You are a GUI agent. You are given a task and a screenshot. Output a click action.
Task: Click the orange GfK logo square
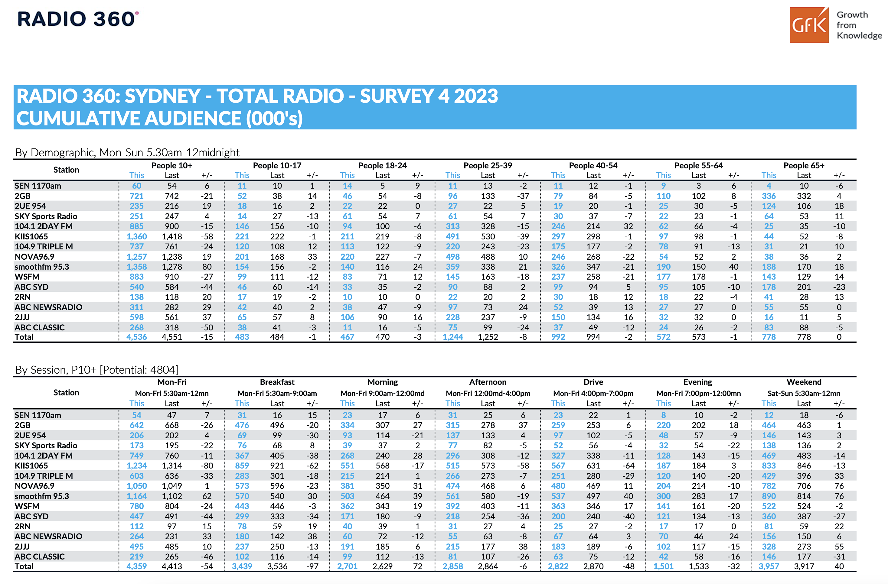click(x=809, y=25)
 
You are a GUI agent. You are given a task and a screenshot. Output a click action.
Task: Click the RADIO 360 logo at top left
click(x=78, y=19)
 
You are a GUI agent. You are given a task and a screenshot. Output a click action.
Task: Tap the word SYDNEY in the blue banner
click(x=163, y=96)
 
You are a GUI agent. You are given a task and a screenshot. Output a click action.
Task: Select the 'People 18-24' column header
click(x=382, y=165)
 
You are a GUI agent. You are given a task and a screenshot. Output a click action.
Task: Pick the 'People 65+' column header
click(x=804, y=165)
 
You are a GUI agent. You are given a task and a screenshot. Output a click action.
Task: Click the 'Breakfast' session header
click(x=277, y=382)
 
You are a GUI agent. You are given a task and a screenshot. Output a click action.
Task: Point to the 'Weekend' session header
click(x=804, y=382)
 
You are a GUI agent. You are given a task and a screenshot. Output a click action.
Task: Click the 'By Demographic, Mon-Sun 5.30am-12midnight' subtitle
click(x=127, y=153)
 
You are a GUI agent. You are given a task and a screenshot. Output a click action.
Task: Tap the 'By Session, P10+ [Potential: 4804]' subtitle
click(x=97, y=370)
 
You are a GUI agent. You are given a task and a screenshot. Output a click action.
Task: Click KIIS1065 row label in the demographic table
click(x=31, y=236)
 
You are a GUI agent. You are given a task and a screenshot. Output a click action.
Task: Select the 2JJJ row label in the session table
click(x=22, y=546)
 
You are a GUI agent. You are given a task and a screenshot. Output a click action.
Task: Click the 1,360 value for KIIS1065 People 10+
click(x=137, y=236)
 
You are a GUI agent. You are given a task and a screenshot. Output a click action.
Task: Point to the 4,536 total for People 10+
click(x=137, y=337)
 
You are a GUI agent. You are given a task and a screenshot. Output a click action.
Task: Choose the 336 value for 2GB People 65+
click(x=769, y=196)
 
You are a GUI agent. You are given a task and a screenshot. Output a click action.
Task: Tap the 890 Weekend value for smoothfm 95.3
click(x=769, y=496)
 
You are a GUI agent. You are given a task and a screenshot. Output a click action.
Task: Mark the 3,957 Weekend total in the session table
click(x=769, y=566)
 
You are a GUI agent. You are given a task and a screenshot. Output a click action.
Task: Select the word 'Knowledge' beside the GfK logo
click(x=860, y=35)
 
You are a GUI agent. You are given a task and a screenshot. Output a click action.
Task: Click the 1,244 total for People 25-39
click(x=452, y=337)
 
